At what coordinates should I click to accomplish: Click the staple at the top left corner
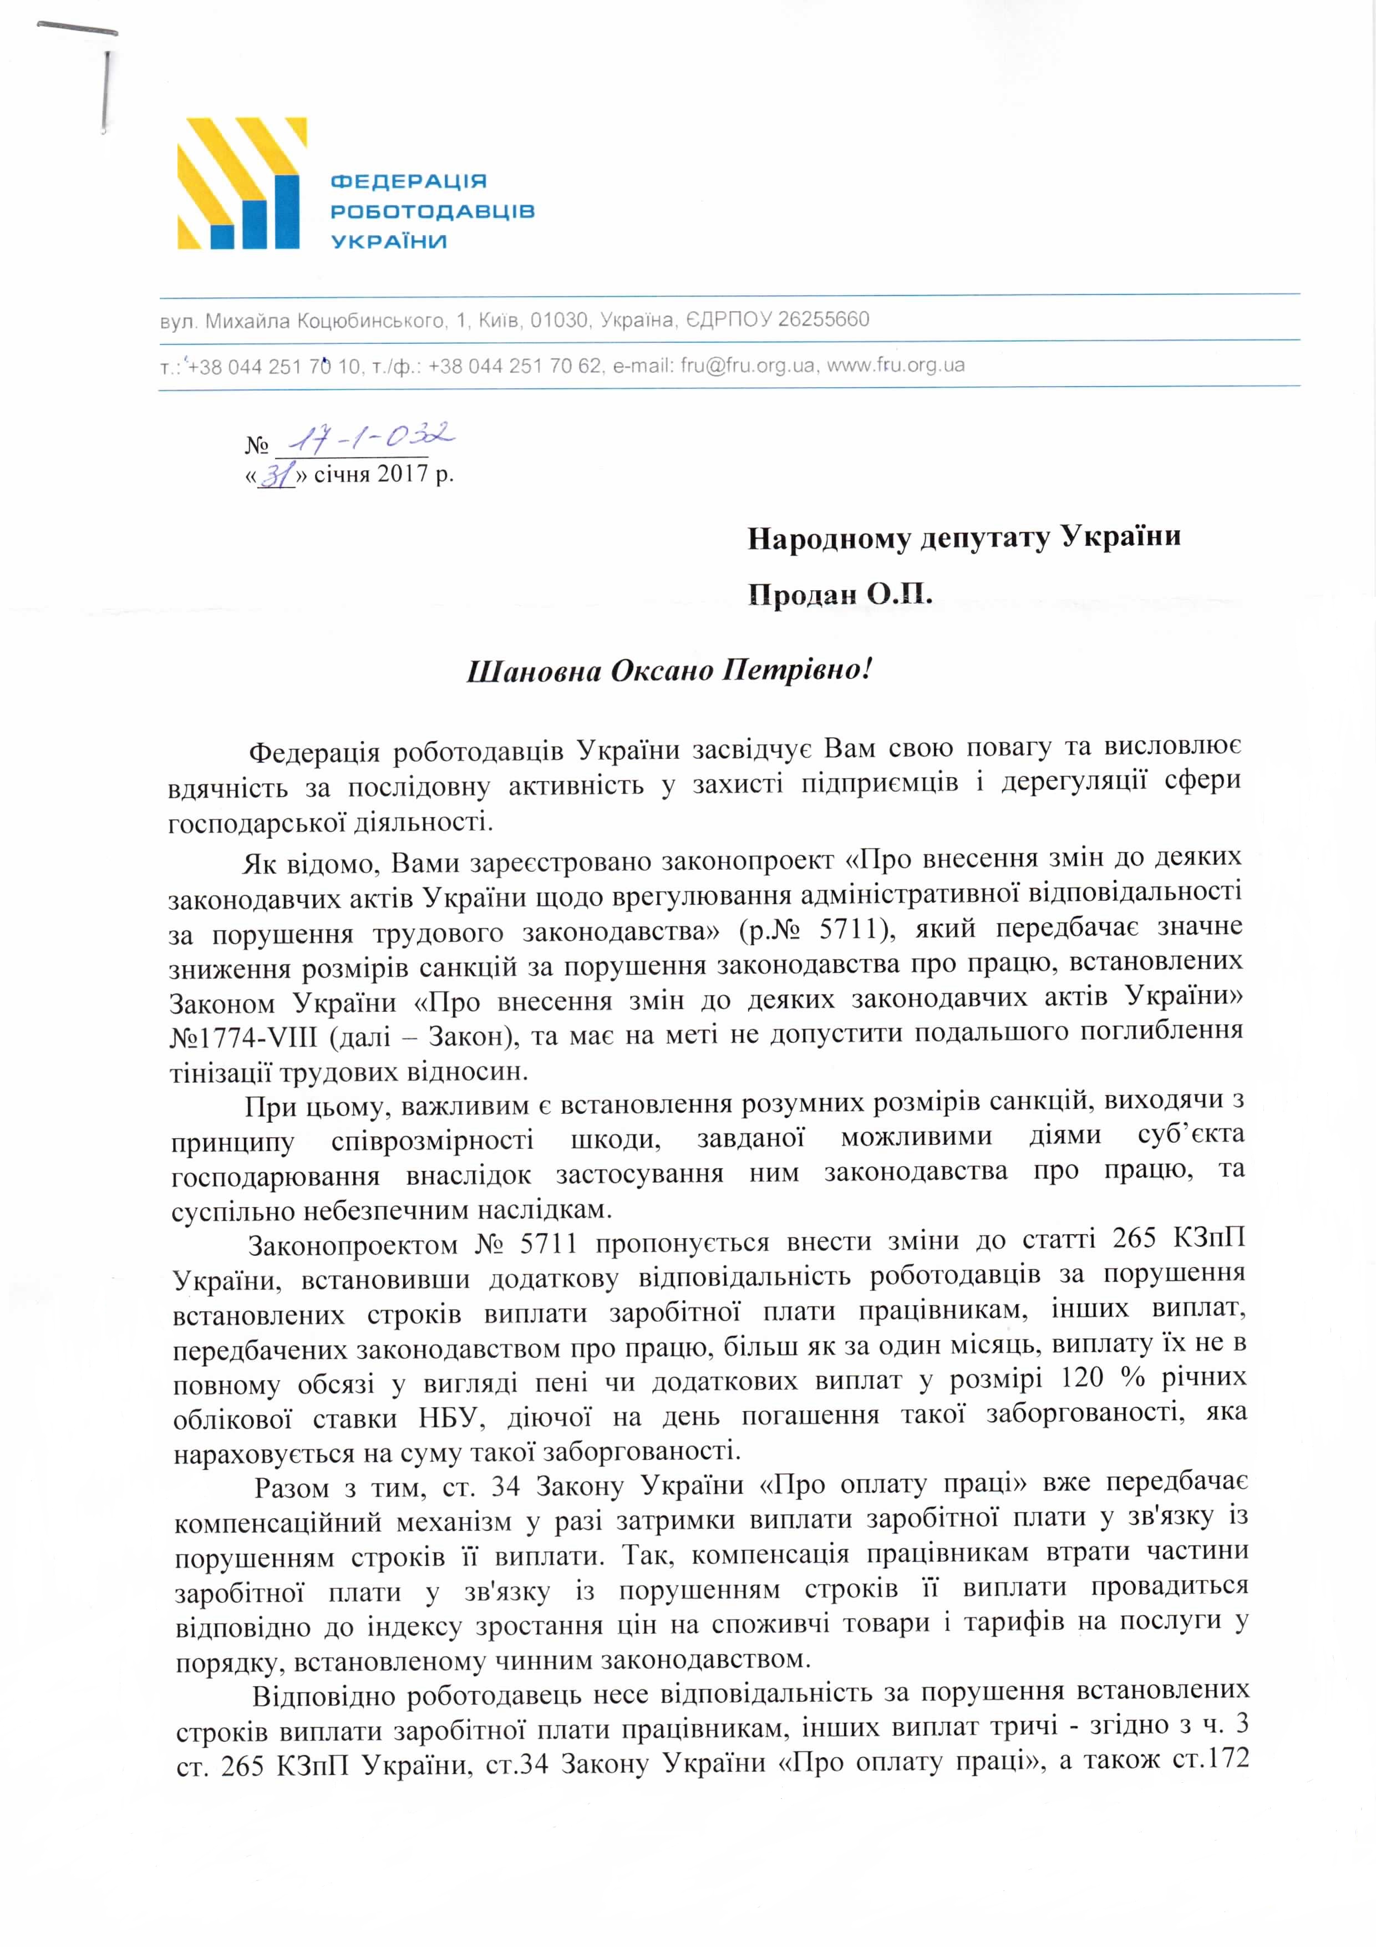106,89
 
